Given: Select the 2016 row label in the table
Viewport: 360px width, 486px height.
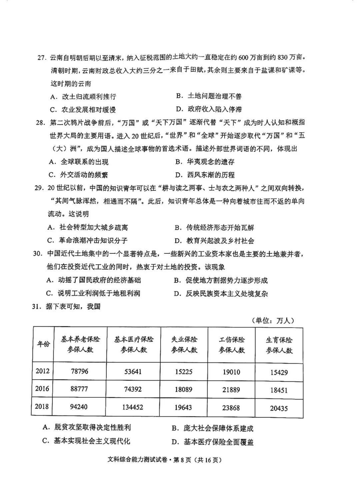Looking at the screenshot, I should click(x=42, y=388).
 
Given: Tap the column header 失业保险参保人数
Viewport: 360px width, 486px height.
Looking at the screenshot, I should click(x=184, y=345).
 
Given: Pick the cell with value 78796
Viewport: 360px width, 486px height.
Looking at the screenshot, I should click(x=80, y=371).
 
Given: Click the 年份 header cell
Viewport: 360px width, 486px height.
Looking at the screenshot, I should click(x=43, y=344).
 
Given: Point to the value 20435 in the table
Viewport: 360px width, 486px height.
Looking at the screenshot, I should click(x=279, y=408).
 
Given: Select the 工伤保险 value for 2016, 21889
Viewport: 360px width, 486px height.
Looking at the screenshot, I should click(x=231, y=389).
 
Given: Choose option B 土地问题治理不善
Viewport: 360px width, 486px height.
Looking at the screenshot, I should click(x=209, y=96).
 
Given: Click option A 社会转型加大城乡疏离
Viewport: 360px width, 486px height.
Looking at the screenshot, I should click(x=88, y=227).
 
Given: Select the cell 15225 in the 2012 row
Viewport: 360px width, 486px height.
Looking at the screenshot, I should click(x=184, y=371).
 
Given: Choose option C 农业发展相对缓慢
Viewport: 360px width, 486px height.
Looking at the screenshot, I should click(x=83, y=110).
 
